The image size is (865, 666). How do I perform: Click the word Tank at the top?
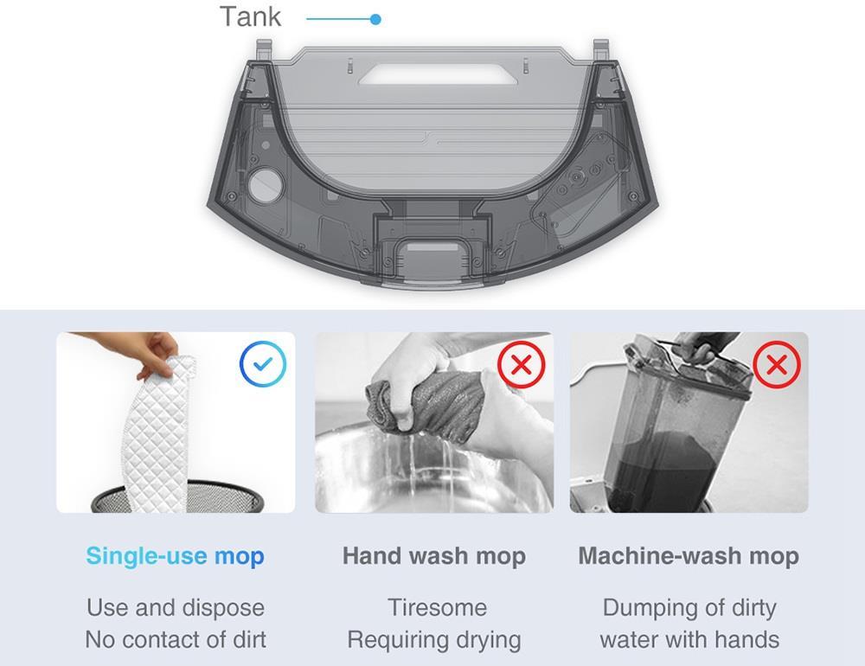tap(250, 16)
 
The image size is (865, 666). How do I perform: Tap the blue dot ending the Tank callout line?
tap(375, 19)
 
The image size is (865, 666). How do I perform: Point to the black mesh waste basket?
tap(177, 497)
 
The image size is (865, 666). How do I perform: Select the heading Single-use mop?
tap(175, 555)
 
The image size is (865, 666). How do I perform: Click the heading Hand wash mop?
tap(433, 555)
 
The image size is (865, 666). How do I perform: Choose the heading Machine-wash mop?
tap(689, 555)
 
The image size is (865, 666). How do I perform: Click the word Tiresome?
tap(437, 607)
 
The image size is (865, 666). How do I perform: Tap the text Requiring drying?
tap(434, 640)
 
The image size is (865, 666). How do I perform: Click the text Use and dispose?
tap(176, 607)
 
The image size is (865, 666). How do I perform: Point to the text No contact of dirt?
tap(176, 640)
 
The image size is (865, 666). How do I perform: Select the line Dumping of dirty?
tap(689, 607)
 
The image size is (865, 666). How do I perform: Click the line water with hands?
tap(689, 640)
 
